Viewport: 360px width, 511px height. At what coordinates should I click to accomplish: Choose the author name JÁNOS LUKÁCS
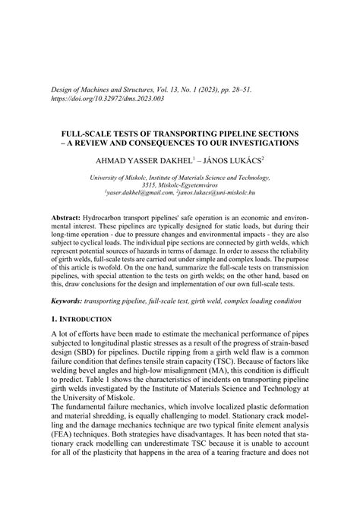tap(231, 161)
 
